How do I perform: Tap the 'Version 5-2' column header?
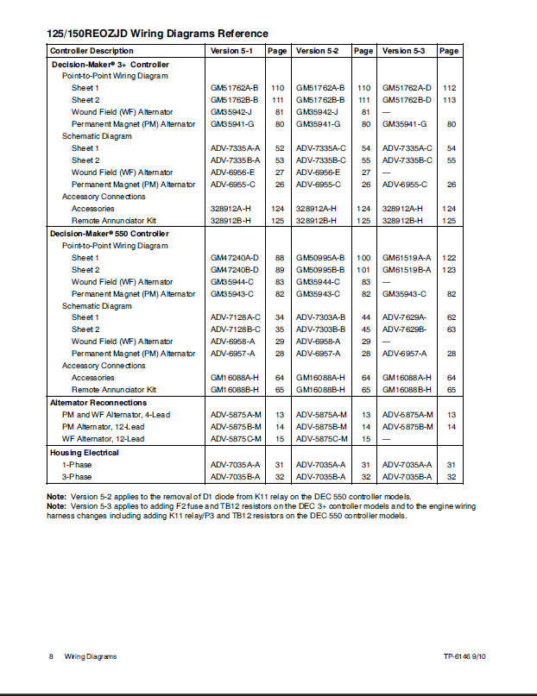pos(317,51)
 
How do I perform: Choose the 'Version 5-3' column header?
pos(403,51)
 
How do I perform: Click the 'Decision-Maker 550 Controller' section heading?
pos(109,234)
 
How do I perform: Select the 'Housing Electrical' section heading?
pos(85,452)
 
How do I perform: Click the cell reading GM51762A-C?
pos(407,88)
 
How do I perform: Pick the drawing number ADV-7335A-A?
pos(235,148)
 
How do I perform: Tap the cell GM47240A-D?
pos(235,258)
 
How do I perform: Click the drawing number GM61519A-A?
pos(407,258)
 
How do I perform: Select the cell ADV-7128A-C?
pos(235,317)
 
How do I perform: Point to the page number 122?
pos(449,258)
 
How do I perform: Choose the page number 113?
pos(449,100)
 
